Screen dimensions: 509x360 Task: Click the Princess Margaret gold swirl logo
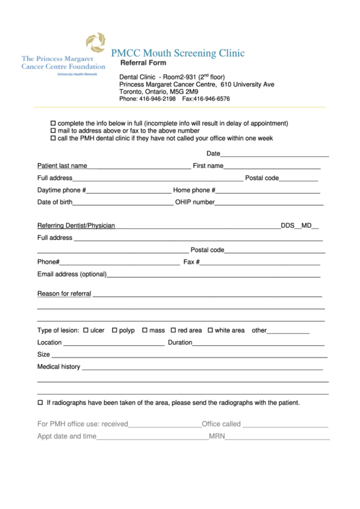pos(96,42)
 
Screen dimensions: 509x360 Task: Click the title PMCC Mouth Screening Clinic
pos(177,53)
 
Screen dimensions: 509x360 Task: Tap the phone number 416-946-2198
pos(157,99)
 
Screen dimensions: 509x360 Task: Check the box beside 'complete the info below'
pos(54,123)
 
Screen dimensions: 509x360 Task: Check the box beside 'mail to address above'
pos(54,130)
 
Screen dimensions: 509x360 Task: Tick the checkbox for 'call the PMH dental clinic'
pos(54,138)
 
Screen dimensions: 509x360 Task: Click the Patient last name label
pos(62,166)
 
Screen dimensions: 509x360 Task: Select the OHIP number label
pos(195,203)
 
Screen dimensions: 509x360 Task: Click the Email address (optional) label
pos(72,275)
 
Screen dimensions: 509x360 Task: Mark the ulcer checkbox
pos(86,330)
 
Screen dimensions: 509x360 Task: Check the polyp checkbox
pos(115,330)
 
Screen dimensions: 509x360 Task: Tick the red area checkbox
pos(173,330)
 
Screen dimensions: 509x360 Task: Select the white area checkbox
pos(210,330)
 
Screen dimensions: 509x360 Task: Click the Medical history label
pos(58,367)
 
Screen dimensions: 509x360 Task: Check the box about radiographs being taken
pos(40,402)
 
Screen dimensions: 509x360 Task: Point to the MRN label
pos(217,436)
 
